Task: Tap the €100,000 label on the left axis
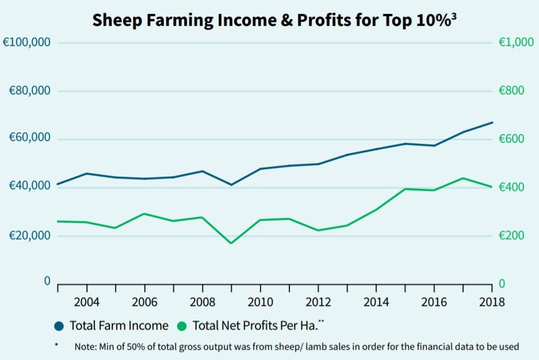27,43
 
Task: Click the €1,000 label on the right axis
516,43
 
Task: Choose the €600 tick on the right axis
513,139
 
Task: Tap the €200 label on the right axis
513,236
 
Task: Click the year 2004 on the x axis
86,302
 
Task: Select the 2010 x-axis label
260,302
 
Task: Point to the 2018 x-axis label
491,302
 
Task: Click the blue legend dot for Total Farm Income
59,326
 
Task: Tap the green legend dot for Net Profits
182,326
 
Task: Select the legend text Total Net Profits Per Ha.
254,326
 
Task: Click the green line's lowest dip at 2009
231,243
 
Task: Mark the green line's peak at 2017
463,178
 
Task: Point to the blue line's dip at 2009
231,185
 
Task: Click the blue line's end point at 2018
492,122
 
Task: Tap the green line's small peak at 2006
144,214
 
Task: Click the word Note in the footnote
85,347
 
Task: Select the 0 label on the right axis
501,284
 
